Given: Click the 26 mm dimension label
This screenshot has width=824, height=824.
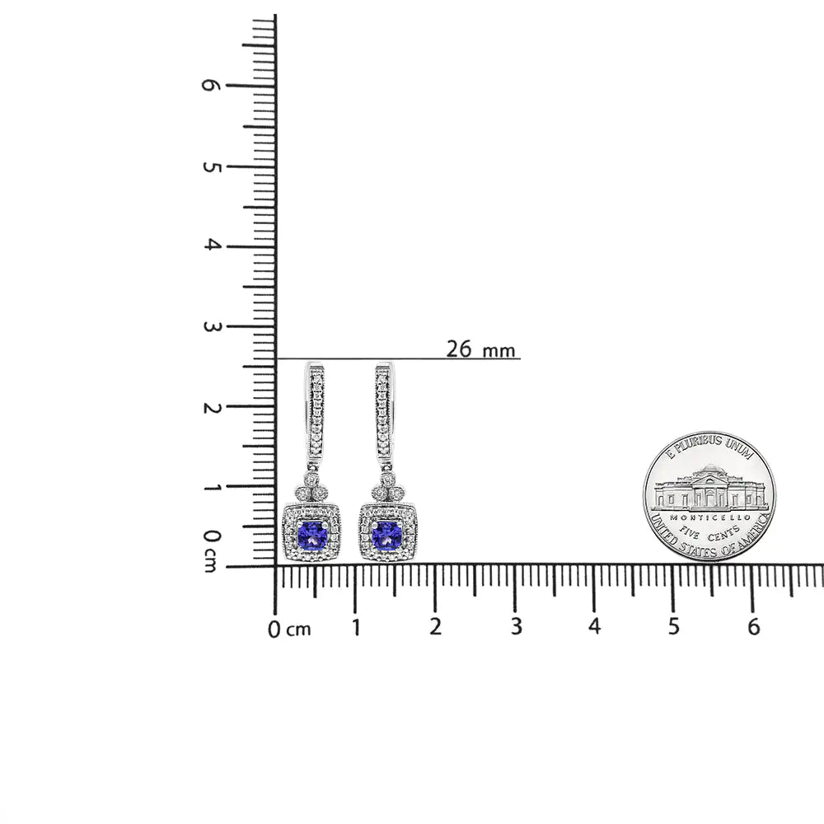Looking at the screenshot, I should tap(480, 349).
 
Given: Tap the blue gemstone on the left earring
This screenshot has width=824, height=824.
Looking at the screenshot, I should tap(312, 535).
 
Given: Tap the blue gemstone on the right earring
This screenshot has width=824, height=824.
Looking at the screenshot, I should tap(386, 535).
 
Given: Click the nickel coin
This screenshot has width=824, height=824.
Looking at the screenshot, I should tap(709, 496).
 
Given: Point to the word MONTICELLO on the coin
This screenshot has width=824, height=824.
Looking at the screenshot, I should tap(709, 517).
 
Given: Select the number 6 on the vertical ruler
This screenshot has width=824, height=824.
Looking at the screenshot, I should tap(211, 85).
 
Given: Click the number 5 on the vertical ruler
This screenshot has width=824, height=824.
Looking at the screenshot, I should tap(211, 166).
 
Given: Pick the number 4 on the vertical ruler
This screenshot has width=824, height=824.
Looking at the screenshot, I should tap(211, 246).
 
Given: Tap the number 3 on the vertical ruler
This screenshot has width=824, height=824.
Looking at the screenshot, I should tap(211, 326).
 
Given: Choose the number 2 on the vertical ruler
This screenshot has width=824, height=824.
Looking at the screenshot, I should tap(211, 407).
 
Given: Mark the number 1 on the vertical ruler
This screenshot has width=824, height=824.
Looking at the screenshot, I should tap(211, 487).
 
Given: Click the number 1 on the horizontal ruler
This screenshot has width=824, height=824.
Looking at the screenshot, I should tap(356, 627).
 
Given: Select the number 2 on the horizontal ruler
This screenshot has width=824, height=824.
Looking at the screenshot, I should tap(435, 627).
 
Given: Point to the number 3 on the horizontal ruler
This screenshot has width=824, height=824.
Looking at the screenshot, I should tap(515, 627).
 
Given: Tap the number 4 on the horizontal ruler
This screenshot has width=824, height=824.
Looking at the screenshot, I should tap(594, 627).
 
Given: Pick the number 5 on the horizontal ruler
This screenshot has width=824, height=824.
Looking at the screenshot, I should tap(674, 627).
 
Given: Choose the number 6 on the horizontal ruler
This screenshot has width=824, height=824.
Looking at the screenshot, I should tap(753, 627).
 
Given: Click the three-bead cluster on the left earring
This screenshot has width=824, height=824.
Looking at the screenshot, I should tap(311, 488).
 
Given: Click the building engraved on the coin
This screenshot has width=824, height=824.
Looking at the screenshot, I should tap(709, 488).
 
